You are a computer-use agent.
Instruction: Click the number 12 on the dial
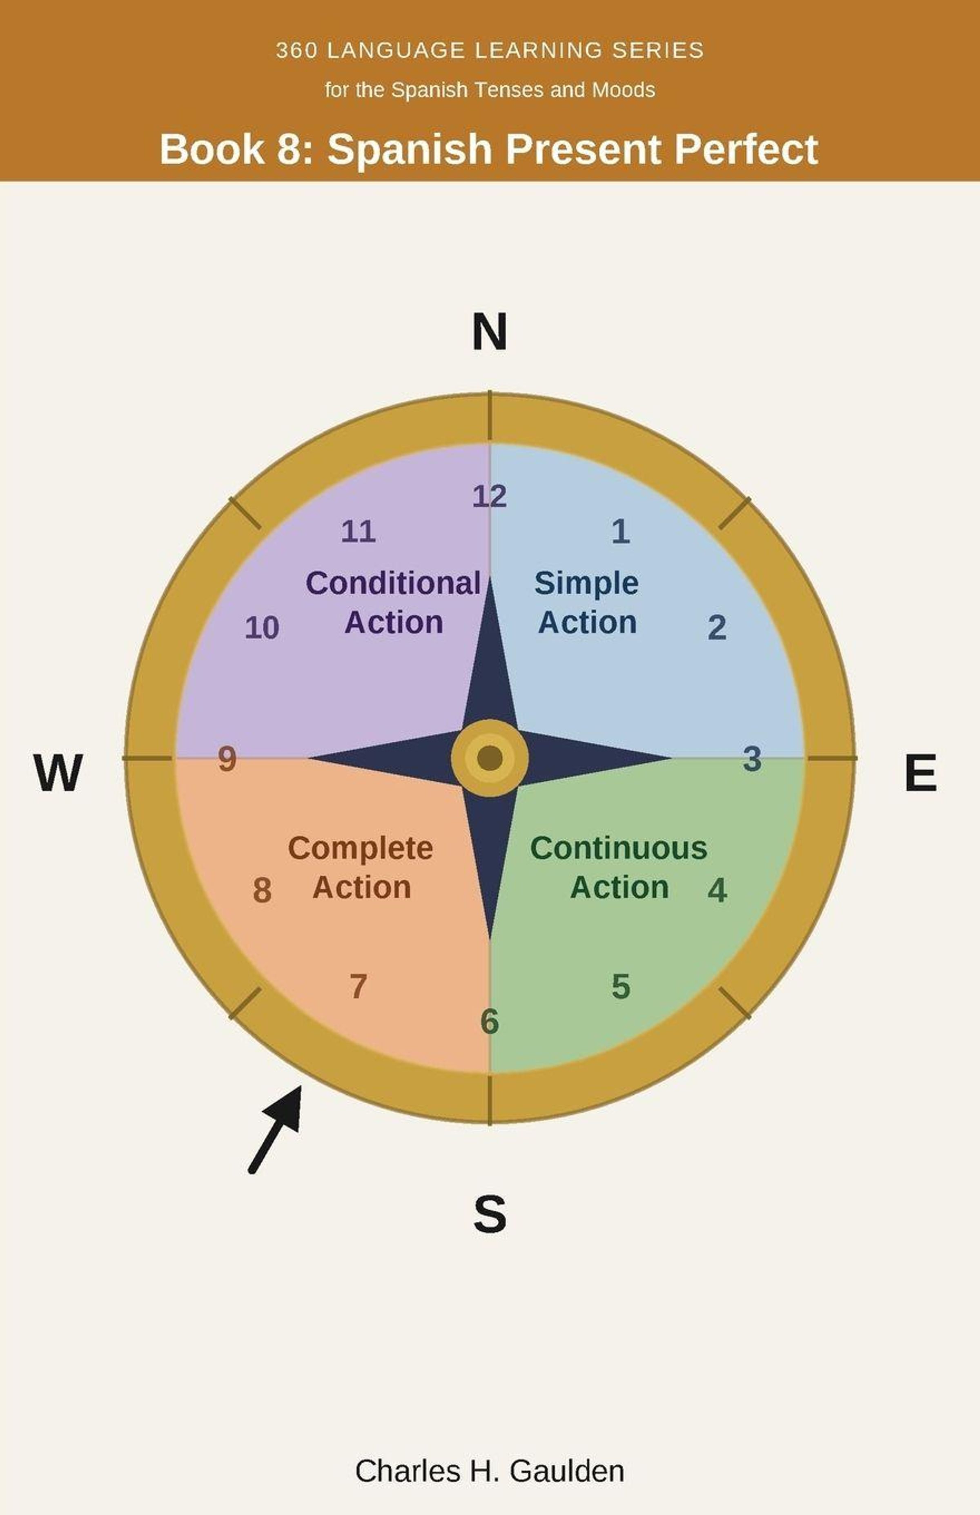(489, 496)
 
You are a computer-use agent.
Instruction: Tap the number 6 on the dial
(489, 1021)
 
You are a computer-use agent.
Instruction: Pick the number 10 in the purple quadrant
(262, 628)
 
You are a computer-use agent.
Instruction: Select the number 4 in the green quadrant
(717, 890)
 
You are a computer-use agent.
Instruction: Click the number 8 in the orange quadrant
(262, 890)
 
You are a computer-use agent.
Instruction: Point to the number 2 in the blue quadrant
(717, 628)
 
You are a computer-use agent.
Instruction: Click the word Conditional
(393, 583)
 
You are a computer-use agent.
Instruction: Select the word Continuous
(619, 848)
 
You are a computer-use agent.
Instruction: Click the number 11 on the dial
(358, 531)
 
